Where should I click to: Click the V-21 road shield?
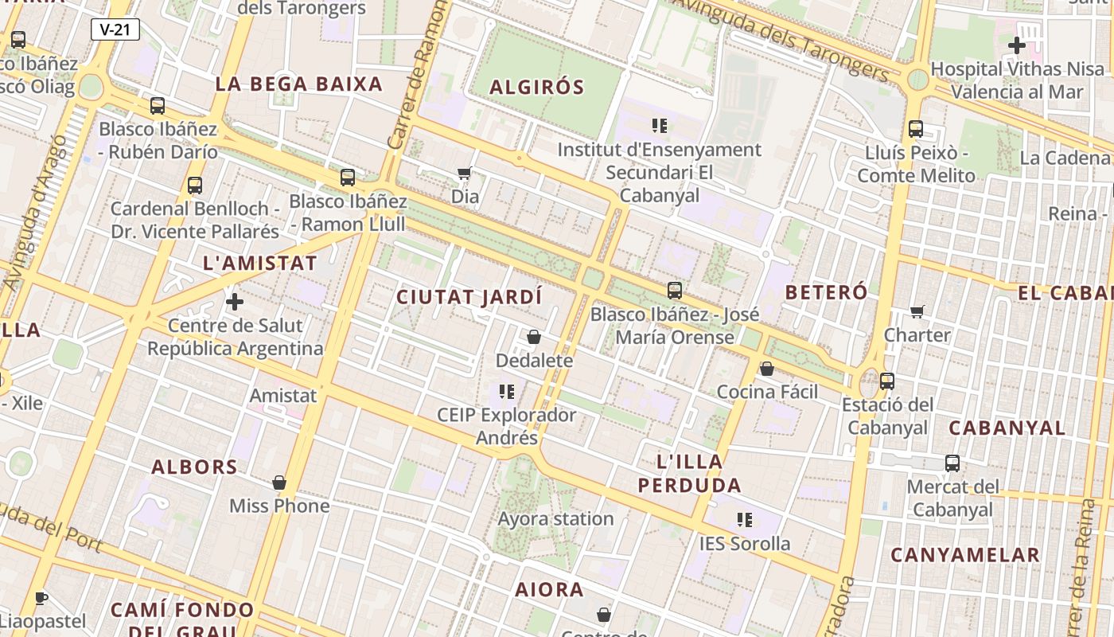click(115, 30)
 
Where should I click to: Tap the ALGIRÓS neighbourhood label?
click(537, 87)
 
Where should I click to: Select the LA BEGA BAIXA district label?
click(299, 84)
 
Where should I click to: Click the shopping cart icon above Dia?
click(465, 173)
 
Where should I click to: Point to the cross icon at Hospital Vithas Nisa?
click(1016, 45)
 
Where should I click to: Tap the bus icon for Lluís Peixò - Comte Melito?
click(916, 128)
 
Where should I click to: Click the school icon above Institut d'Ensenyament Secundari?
click(659, 125)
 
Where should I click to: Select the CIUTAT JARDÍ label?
click(469, 297)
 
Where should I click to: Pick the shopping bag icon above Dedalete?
click(534, 337)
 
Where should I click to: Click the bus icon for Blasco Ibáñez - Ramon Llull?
click(348, 178)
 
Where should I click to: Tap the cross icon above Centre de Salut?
click(235, 302)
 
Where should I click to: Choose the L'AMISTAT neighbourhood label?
click(260, 263)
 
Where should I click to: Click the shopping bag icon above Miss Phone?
click(279, 483)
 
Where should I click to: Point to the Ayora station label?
click(556, 519)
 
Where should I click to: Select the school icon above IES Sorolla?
click(745, 520)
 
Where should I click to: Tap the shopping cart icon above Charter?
click(917, 311)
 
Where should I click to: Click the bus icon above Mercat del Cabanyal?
click(952, 463)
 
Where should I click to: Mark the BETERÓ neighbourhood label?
click(826, 292)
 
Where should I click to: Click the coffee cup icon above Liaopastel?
click(42, 598)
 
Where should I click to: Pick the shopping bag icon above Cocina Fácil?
click(767, 369)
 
